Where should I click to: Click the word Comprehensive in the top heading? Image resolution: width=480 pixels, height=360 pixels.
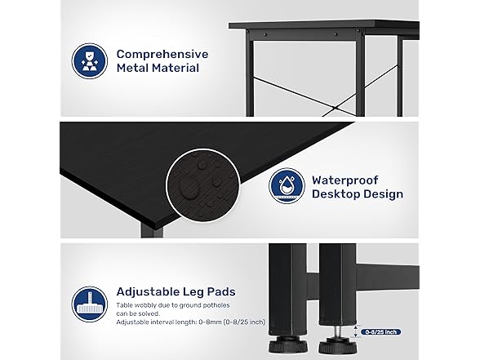[x=162, y=54]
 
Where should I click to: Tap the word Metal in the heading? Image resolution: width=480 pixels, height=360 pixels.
[x=132, y=68]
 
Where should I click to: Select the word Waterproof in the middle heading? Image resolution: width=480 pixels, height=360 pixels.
[x=345, y=180]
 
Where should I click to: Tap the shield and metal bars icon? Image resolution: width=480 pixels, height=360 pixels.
[x=90, y=61]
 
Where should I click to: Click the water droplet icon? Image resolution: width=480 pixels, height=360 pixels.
[x=287, y=186]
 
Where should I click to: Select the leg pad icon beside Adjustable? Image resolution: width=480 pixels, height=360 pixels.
[x=90, y=304]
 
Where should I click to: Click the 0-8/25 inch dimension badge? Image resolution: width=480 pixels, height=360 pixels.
[x=380, y=331]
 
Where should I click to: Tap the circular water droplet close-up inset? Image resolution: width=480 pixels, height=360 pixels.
[x=203, y=186]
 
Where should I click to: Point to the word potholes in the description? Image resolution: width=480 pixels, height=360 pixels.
[x=217, y=305]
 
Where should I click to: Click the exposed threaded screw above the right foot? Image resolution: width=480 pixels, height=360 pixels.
[x=337, y=331]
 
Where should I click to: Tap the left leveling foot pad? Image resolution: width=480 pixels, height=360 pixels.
[x=287, y=344]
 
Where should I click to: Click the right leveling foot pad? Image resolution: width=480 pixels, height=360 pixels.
[x=337, y=346]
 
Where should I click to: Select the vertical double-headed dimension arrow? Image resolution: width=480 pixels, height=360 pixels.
[x=356, y=331]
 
